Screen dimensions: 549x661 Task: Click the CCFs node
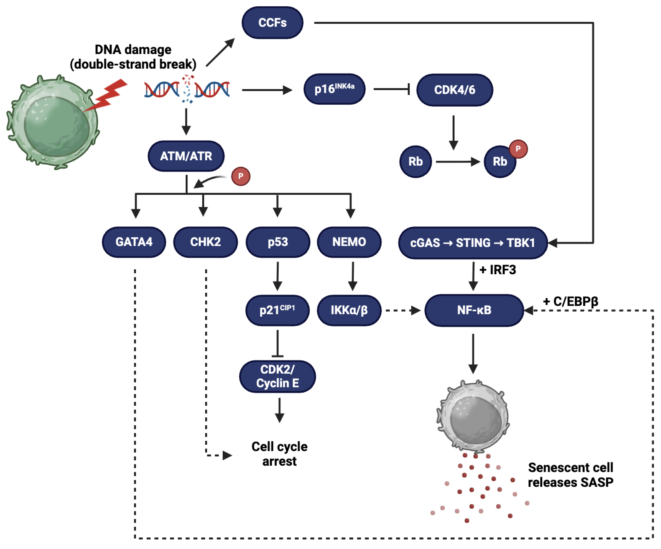272,23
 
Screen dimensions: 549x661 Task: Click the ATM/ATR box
186,156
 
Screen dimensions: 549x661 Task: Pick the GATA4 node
134,242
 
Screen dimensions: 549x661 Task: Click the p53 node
278,242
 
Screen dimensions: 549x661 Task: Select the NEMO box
349,242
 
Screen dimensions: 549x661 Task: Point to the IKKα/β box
349,310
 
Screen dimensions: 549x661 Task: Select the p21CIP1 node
277,310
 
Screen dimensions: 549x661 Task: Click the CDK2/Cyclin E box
277,376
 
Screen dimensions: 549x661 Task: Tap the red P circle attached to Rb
518,149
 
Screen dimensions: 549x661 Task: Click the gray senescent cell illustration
473,416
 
